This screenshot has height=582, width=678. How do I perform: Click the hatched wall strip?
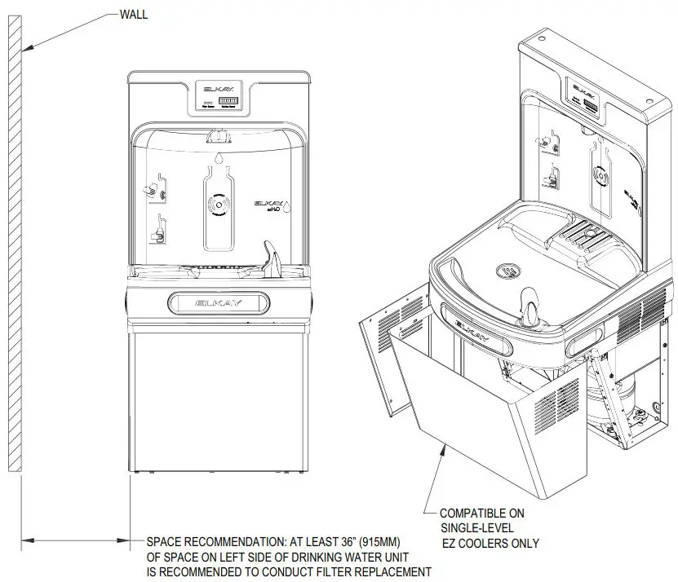click(x=13, y=245)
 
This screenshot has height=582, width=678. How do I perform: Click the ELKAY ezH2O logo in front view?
click(x=269, y=205)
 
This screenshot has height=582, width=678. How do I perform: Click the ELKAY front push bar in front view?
click(x=219, y=302)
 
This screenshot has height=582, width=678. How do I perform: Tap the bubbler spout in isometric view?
click(x=529, y=305)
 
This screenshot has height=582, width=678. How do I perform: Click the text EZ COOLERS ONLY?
click(x=490, y=543)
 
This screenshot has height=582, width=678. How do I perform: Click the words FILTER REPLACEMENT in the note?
click(x=373, y=572)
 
